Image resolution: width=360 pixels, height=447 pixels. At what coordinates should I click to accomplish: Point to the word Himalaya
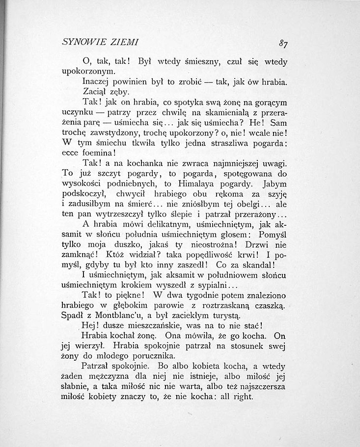tap(211, 184)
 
